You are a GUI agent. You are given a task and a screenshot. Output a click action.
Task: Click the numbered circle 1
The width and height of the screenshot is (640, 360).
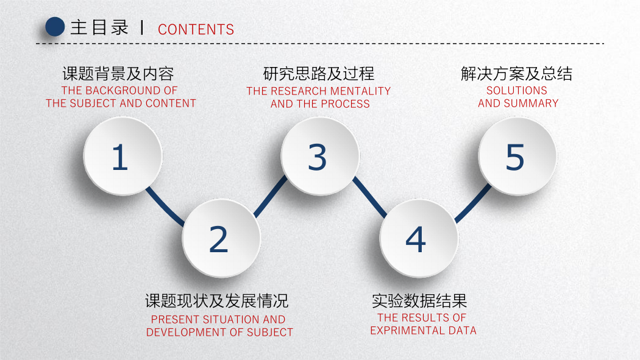coord(123,156)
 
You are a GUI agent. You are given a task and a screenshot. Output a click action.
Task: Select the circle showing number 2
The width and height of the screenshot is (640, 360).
coord(221,238)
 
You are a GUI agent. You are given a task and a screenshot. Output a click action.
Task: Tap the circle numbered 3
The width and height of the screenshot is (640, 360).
coord(320,156)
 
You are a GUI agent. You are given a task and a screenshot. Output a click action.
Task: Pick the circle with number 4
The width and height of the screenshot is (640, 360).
coord(419,238)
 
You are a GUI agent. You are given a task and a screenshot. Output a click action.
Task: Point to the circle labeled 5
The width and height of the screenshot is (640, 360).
coord(517,156)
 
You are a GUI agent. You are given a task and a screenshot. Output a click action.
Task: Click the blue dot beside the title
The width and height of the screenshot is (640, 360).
coord(55,27)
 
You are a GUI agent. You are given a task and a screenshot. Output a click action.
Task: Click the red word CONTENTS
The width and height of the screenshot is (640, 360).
coord(196,29)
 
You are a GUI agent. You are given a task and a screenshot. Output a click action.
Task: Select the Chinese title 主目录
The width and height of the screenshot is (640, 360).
coord(99,27)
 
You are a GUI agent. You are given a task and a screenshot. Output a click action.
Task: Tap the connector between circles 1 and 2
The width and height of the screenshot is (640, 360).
coord(165,206)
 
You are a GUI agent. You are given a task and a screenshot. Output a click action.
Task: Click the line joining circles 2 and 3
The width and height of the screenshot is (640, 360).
coord(271,196)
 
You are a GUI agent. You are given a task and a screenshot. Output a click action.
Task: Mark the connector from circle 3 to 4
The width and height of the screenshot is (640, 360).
coord(370,197)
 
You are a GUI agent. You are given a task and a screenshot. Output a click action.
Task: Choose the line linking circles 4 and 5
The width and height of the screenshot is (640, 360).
coord(473,203)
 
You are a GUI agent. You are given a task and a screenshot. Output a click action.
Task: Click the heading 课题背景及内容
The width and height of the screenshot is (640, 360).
coord(118,74)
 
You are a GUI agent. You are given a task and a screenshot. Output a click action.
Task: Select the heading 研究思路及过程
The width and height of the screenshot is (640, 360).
coord(319,74)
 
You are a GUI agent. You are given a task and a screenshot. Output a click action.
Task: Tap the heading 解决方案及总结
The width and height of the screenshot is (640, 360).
coord(517,74)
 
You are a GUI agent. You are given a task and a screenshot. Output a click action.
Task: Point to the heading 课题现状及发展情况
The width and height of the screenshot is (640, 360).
coord(217,301)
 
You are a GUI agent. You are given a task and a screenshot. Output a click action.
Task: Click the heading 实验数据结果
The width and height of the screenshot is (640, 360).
coord(419,301)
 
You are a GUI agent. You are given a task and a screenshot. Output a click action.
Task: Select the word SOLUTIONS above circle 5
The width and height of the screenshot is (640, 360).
coord(517,90)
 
